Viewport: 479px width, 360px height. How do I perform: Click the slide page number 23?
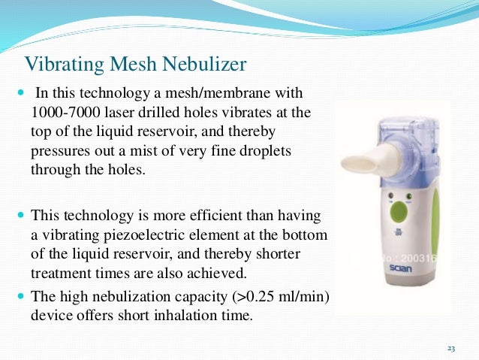450,349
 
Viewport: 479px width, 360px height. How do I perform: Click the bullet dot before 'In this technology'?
20,95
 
